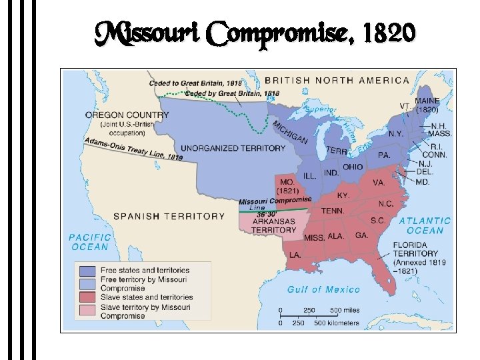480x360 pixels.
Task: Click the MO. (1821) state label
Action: [x=288, y=186]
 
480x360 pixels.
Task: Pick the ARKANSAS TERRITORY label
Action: [x=273, y=225]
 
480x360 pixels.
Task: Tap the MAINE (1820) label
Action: [x=427, y=105]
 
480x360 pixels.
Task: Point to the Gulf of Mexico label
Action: [x=323, y=289]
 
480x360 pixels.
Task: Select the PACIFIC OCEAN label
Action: [x=89, y=241]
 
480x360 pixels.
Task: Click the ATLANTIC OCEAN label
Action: [x=425, y=225]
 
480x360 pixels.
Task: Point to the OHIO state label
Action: [x=353, y=167]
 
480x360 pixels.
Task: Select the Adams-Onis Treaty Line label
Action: [x=134, y=149]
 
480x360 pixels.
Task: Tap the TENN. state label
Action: [x=333, y=211]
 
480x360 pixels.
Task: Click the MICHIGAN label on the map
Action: [x=289, y=131]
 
